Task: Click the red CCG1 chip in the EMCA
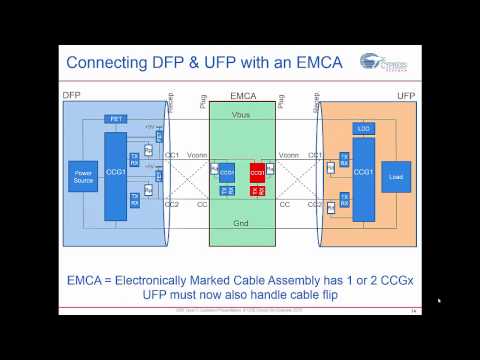257,171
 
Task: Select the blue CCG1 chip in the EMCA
227,171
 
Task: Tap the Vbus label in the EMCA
241,116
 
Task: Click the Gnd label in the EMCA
241,225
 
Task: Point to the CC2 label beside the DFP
173,204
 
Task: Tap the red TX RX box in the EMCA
257,189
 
